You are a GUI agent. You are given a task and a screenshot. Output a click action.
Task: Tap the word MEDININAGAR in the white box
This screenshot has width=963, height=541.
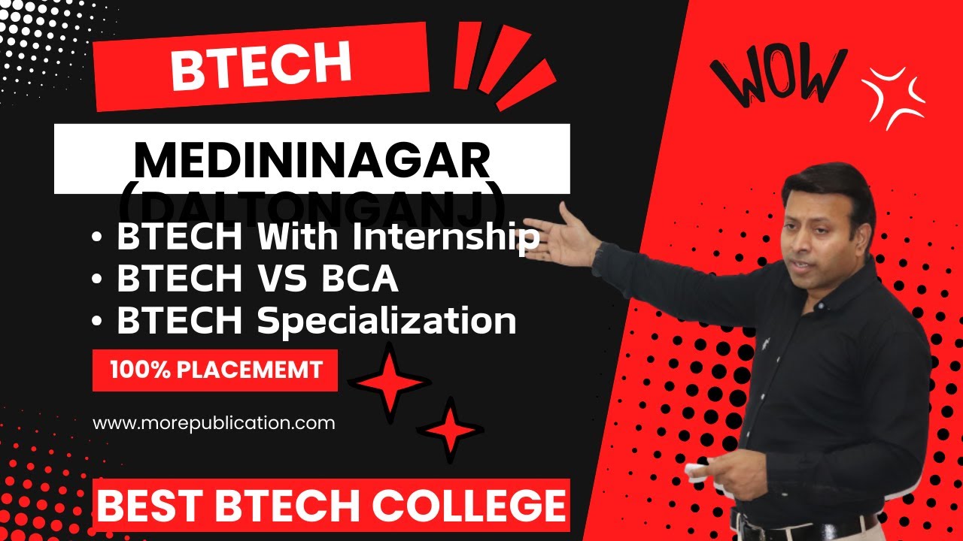[312, 159]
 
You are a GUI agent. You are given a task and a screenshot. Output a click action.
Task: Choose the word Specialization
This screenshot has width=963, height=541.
[386, 322]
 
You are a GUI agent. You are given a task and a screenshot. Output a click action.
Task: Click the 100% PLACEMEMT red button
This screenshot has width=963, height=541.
[215, 370]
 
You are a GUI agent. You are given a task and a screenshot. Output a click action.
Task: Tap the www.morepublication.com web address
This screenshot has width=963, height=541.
[214, 423]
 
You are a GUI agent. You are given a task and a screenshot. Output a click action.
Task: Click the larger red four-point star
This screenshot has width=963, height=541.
[390, 383]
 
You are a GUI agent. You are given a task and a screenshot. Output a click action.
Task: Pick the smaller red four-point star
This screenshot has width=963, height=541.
[450, 430]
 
